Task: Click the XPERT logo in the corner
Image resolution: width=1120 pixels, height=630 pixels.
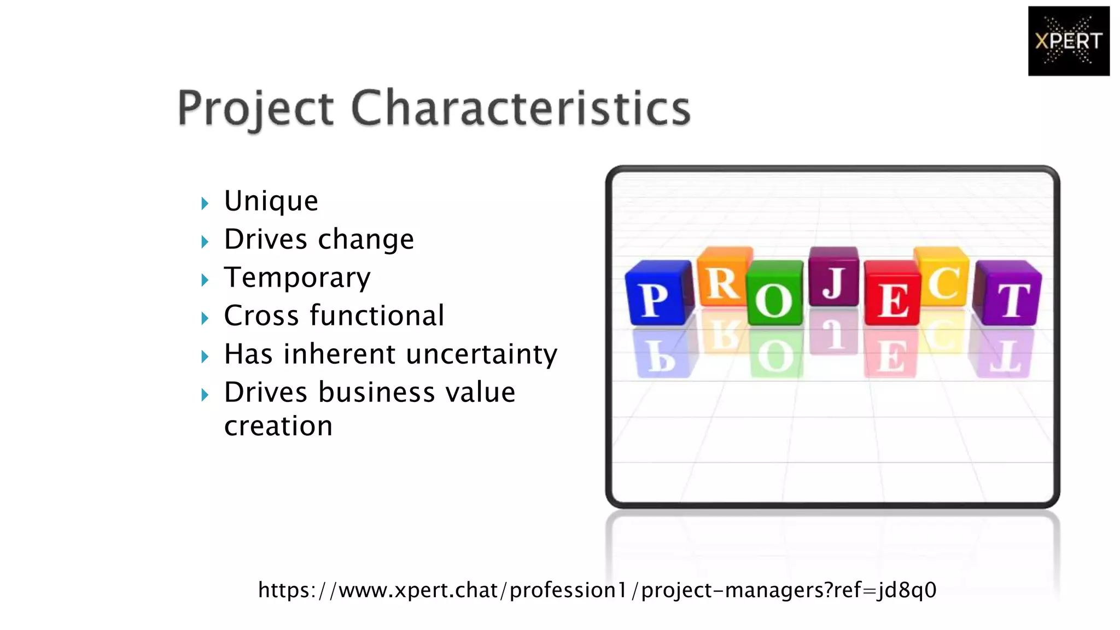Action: pos(1068,41)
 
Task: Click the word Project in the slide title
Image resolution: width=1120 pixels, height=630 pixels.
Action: pos(255,108)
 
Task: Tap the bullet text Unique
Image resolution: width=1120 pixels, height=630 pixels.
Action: pos(271,201)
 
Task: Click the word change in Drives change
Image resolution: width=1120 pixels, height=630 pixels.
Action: pos(366,240)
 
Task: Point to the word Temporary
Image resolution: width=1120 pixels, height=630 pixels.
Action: pos(297,278)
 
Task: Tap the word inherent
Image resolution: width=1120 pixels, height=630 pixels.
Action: pos(340,354)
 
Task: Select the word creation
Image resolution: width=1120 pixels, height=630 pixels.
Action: pos(278,426)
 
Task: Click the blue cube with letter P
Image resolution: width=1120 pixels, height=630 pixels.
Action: pos(656,295)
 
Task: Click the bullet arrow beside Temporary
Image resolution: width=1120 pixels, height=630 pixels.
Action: pos(205,280)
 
